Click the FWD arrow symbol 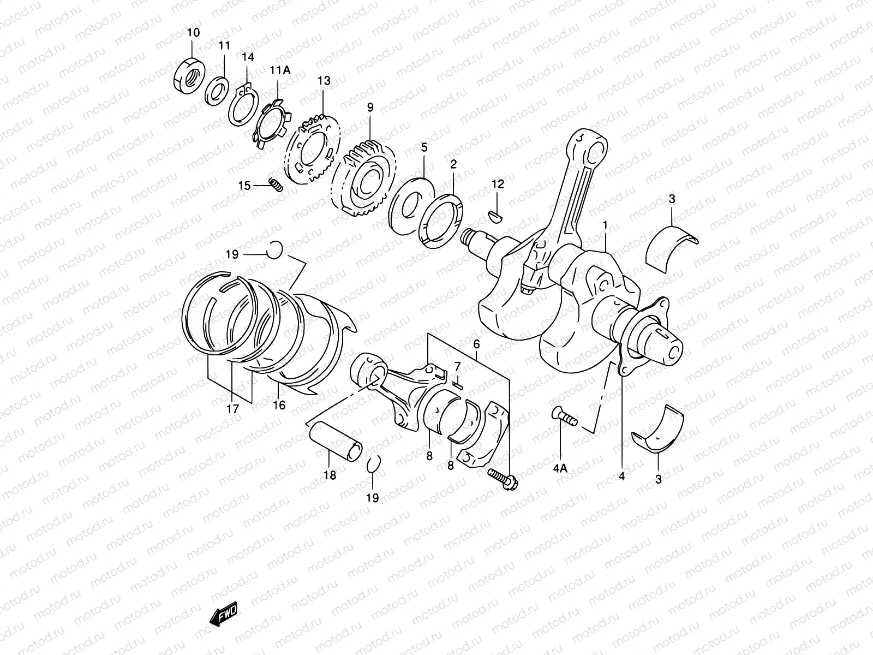click(x=223, y=616)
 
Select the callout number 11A click(x=279, y=70)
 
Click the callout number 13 click(x=324, y=81)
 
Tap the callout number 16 click(x=279, y=406)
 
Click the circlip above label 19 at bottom click(x=372, y=464)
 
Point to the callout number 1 click(x=605, y=224)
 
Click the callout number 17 click(x=233, y=408)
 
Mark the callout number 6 click(x=476, y=344)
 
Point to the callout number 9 click(x=370, y=108)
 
